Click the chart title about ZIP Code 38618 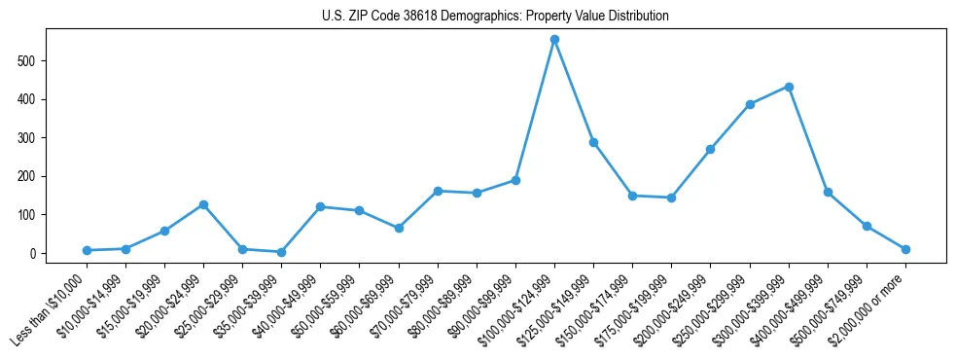coord(495,17)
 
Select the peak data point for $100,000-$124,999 coord(554,40)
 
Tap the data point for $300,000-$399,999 coord(789,87)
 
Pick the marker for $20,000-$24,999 coord(203,204)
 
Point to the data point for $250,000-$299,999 coord(750,104)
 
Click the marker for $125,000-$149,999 coord(593,142)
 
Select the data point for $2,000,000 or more coord(905,249)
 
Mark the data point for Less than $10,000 coord(87,250)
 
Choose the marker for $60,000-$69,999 coord(399,228)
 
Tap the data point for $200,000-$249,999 coord(710,149)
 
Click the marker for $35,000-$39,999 coord(281,252)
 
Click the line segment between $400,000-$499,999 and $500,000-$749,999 coord(847,209)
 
